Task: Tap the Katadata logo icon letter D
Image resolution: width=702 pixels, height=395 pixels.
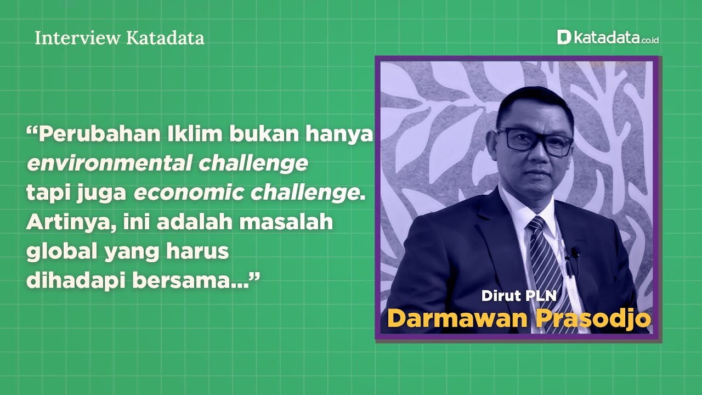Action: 564,37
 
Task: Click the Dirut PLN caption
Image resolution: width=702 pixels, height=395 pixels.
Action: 519,296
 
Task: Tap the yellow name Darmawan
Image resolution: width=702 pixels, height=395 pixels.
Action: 456,319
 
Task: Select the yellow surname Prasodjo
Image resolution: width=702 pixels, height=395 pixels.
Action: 592,319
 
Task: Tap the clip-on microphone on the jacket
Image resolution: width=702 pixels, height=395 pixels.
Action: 574,253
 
